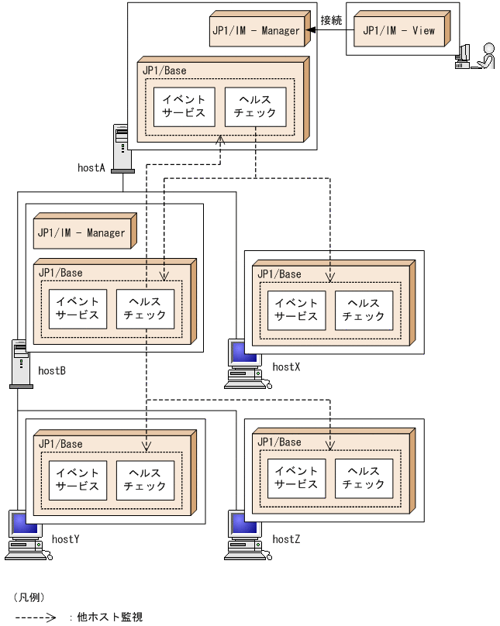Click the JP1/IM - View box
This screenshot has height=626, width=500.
(399, 31)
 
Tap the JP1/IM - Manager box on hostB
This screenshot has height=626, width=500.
(81, 233)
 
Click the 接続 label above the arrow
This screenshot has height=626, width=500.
(331, 19)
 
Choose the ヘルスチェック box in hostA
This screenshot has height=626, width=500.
(255, 106)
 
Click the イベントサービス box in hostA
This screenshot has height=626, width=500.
(184, 106)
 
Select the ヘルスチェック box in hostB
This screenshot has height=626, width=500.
(145, 308)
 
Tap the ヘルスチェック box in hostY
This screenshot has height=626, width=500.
(145, 480)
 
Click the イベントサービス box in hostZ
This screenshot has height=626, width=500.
(296, 478)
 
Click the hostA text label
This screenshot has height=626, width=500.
(91, 168)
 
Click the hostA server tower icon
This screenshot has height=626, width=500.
(122, 148)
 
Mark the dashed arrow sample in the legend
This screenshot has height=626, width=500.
(35, 617)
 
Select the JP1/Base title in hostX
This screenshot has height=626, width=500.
(279, 274)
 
